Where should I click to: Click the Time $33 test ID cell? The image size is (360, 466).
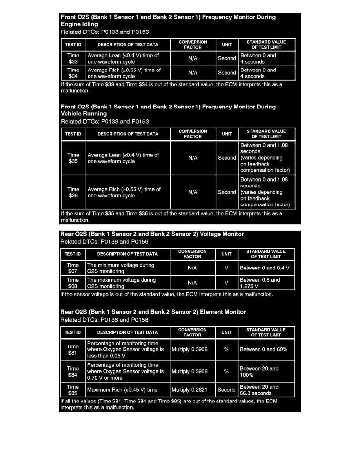73,58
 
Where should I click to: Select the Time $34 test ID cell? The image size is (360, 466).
73,73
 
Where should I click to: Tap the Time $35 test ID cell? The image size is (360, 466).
73,158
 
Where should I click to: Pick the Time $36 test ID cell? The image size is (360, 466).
73,192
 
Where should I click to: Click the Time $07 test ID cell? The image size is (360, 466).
73,268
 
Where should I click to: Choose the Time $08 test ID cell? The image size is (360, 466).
73,283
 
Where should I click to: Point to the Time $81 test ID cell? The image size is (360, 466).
73,349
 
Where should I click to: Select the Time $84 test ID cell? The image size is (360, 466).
73,371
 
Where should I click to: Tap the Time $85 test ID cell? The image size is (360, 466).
73,390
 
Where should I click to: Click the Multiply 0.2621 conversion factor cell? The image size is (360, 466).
192,390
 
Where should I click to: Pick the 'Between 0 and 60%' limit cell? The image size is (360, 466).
266,349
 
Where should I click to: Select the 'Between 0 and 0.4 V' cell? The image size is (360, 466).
266,268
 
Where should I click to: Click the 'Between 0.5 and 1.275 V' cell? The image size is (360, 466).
266,283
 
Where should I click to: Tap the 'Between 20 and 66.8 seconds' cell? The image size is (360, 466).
266,390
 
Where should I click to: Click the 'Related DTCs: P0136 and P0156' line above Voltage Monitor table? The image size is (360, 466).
104,242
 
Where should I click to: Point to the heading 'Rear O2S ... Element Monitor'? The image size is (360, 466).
153,312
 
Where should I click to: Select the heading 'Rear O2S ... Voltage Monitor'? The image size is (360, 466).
152,234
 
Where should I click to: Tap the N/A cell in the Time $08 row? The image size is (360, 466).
192,283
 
